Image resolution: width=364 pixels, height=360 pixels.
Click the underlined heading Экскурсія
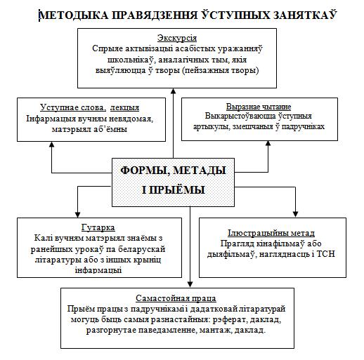pos(177,38)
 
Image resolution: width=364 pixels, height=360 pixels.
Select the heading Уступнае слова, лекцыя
pos(90,107)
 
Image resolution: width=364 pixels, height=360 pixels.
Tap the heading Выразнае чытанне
pos(259,107)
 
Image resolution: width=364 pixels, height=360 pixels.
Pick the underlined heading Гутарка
pos(98,227)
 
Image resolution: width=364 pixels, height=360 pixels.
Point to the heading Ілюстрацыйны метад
pos(271,233)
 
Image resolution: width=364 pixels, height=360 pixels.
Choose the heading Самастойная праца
pos(176,298)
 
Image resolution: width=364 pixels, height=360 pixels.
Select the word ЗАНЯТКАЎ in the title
pos(305,15)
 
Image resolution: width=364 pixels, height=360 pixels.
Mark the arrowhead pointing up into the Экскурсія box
pos(174,91)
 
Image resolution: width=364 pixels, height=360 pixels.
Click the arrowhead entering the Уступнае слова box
pos(52,145)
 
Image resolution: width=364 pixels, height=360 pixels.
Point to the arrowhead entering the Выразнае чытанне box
pos(268,143)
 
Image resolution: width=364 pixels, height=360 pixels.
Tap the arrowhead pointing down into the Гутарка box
pos(78,215)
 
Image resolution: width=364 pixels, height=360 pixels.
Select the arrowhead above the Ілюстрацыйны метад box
pos(295,214)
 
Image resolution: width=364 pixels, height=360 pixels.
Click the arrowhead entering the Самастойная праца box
pos(190,284)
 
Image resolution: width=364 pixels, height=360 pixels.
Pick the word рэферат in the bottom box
pos(230,320)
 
